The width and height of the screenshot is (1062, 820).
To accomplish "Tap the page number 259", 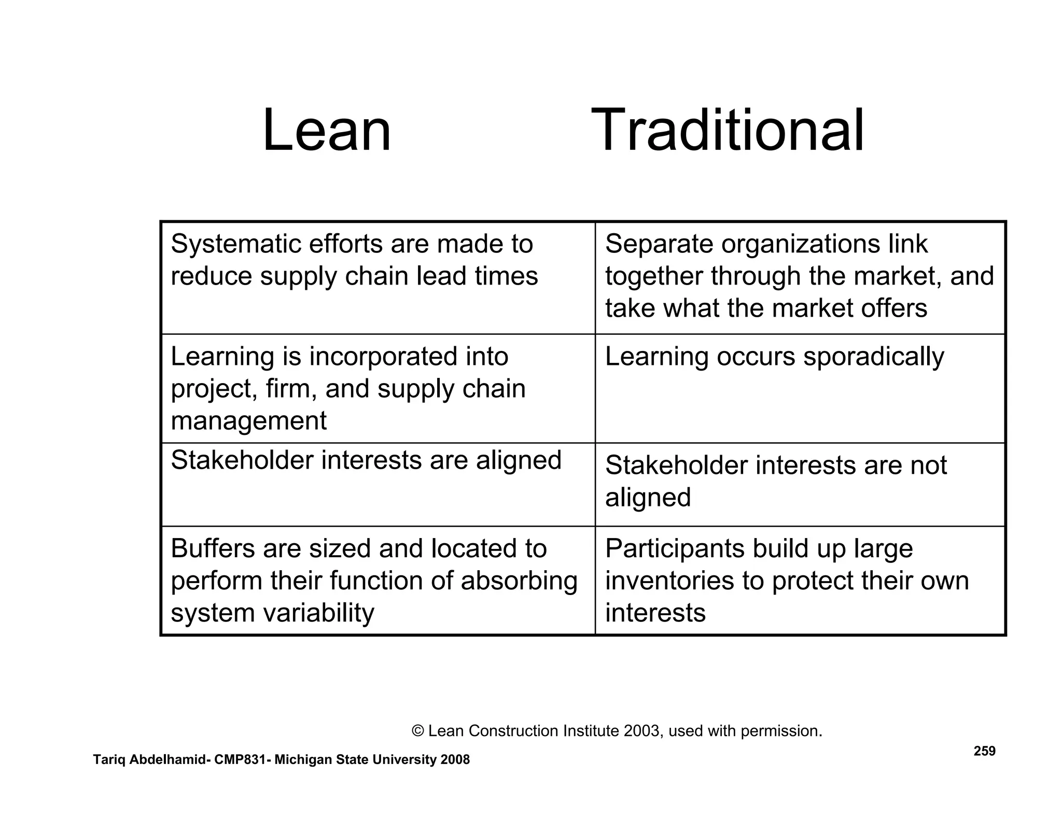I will [984, 751].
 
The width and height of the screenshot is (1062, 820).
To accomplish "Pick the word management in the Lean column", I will [248, 420].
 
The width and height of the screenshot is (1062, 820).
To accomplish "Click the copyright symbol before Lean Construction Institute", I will [417, 731].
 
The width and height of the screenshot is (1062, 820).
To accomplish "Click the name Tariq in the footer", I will [109, 760].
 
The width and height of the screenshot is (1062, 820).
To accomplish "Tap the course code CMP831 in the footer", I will [240, 760].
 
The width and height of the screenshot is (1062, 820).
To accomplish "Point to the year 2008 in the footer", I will [455, 760].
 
